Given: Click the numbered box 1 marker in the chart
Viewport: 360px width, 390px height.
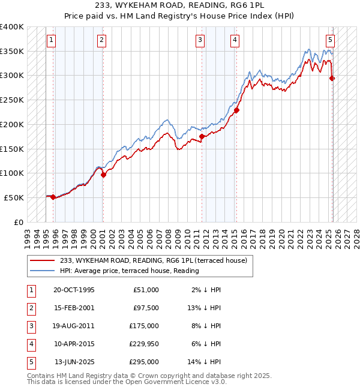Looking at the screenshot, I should click(x=51, y=40).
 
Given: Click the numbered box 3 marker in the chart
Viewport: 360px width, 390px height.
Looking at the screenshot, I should click(x=200, y=40).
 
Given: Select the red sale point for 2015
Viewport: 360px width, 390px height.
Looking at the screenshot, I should click(x=237, y=110).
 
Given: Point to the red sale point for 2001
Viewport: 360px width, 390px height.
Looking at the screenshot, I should click(x=103, y=175).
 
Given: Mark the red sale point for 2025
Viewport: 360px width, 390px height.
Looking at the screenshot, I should click(x=332, y=78).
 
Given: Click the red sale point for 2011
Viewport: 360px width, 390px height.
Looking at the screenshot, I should click(x=202, y=136).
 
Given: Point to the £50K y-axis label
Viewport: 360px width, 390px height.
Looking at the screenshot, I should click(x=14, y=197).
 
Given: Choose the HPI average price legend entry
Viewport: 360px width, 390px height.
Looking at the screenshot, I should click(x=129, y=271).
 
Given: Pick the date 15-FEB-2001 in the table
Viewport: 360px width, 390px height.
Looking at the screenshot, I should click(x=74, y=308).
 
